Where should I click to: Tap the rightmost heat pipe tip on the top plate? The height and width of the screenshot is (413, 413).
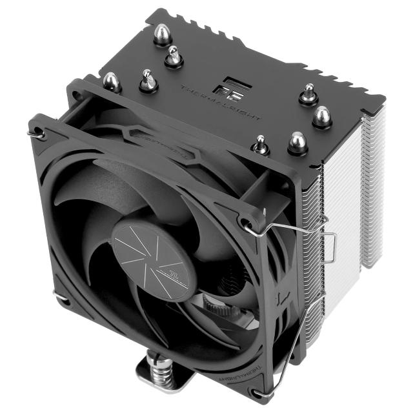[x=322, y=117]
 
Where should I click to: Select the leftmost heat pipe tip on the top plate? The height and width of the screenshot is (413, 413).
[x=112, y=81]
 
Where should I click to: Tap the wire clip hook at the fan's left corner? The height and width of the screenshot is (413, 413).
[x=37, y=134]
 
